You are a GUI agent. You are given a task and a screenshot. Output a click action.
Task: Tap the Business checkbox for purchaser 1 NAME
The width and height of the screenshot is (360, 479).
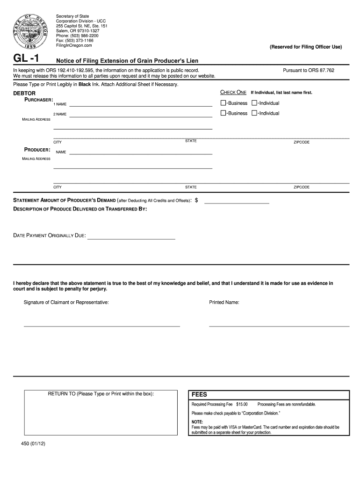[223, 103]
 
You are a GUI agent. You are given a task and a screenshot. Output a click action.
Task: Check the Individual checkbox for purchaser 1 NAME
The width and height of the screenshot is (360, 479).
[254, 103]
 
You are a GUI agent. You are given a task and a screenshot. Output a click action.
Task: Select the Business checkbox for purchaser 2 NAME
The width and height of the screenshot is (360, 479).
[223, 113]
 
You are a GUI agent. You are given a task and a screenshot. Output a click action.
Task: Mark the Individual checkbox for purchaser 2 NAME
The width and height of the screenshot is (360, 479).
[254, 113]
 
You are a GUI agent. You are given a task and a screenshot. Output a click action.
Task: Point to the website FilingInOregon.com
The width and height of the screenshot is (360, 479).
[74, 46]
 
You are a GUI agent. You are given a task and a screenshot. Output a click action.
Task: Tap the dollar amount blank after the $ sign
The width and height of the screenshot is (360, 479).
[237, 203]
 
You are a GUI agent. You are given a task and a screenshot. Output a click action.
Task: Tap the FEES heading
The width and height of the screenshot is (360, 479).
[199, 394]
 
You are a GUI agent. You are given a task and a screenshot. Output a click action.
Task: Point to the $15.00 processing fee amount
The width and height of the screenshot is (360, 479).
[242, 404]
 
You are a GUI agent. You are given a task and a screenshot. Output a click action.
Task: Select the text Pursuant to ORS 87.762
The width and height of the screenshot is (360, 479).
[309, 70]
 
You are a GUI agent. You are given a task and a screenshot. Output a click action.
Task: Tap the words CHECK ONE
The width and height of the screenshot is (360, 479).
[233, 92]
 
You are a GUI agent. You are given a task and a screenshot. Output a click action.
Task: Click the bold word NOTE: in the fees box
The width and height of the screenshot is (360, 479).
[197, 422]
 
